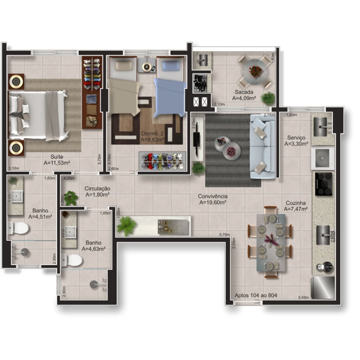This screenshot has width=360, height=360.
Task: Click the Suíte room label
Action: [x=57, y=157]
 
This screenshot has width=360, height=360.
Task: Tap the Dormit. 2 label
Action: [x=152, y=133]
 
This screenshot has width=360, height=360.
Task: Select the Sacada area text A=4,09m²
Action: [x=244, y=98]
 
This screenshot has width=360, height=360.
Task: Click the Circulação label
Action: [x=97, y=189]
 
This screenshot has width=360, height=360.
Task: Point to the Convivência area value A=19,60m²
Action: [x=213, y=202]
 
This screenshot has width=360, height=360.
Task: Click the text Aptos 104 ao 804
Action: [x=256, y=295]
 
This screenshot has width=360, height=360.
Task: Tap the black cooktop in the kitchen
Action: [x=324, y=184]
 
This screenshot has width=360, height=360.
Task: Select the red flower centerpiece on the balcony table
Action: [x=255, y=71]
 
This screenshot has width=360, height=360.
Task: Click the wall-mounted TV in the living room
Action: [x=196, y=139]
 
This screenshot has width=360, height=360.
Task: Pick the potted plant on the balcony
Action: [x=268, y=98]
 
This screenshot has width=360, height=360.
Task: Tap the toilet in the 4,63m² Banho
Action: [x=72, y=260]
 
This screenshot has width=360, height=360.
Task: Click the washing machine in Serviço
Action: [x=322, y=158]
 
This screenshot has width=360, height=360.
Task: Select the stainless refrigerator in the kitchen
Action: [x=323, y=288]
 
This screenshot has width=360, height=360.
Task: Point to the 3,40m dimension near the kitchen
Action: [x=303, y=297]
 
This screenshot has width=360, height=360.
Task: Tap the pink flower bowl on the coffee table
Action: [x=231, y=151]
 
